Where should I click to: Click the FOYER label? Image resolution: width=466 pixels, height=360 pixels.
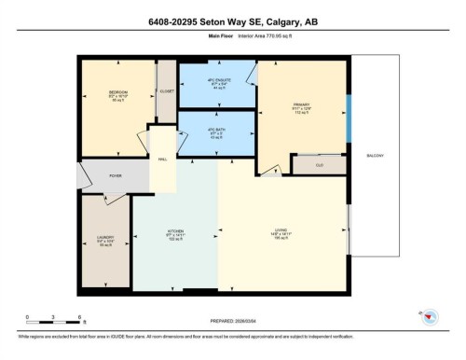[116, 175]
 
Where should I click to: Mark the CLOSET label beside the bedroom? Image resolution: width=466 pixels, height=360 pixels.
[167, 92]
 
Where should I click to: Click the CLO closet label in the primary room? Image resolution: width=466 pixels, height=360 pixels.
[319, 165]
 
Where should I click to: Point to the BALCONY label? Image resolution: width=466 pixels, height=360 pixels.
[376, 156]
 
